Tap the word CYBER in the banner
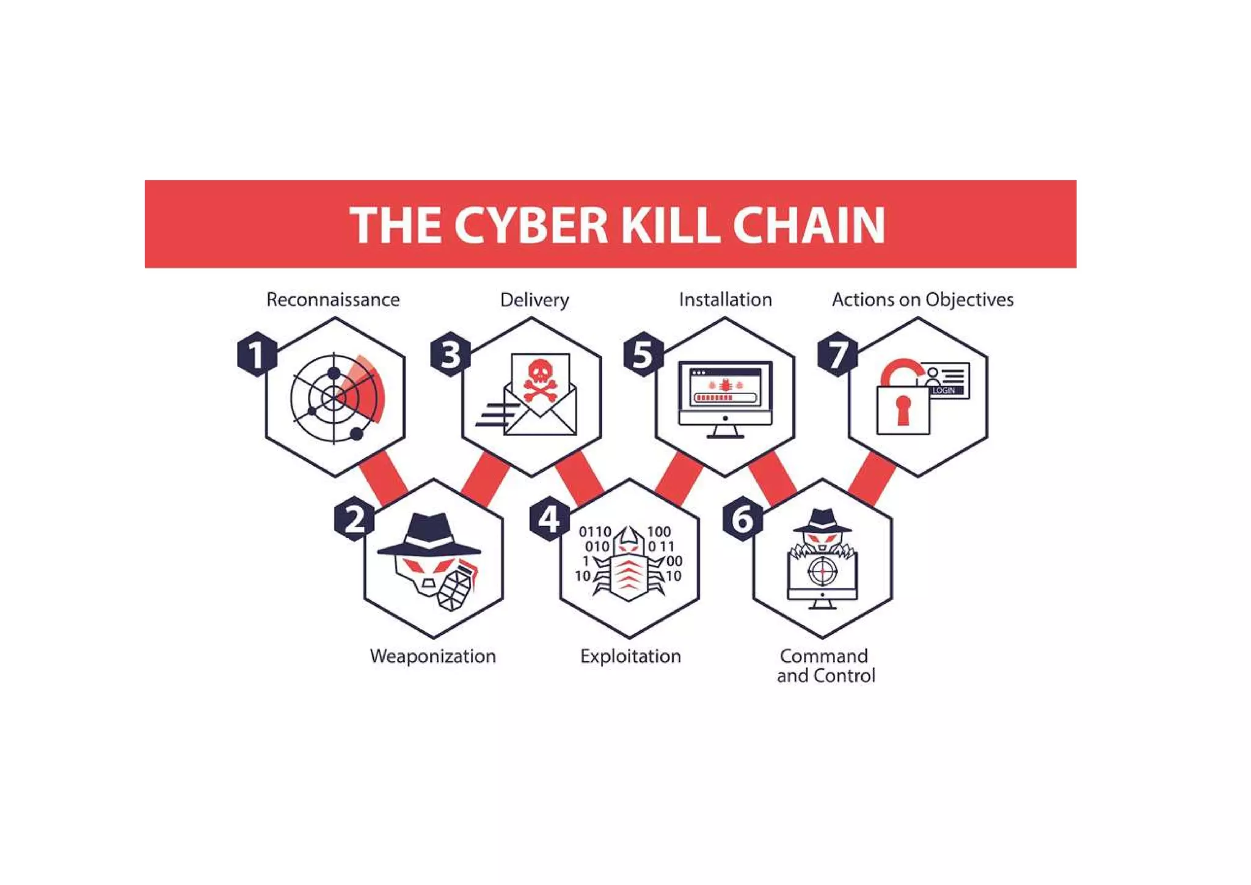pos(530,225)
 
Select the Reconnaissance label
pos(333,299)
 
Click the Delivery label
pos(534,299)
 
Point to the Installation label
pos(725,299)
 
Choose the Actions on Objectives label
pos(922,299)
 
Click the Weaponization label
pos(432,656)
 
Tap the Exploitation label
pos(630,656)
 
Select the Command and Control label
pos(825,666)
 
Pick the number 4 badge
pos(549,520)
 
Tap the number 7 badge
pos(837,354)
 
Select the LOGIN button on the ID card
pos(944,390)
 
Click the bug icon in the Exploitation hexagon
pos(628,565)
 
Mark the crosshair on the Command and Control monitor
pos(822,571)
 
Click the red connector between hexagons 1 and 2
pos(384,477)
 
